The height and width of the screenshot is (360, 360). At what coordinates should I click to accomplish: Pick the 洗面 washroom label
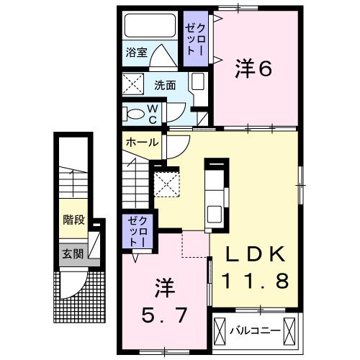pyautogui.click(x=164, y=85)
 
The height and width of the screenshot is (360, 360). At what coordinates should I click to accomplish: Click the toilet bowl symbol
pyautogui.click(x=134, y=113)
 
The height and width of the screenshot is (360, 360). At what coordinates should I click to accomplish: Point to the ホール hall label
pyautogui.click(x=143, y=143)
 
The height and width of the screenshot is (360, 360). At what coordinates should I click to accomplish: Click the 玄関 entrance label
pyautogui.click(x=71, y=253)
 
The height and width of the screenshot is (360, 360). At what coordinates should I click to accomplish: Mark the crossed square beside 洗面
pyautogui.click(x=132, y=85)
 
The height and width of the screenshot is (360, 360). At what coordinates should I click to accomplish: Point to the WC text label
pyautogui.click(x=153, y=113)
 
